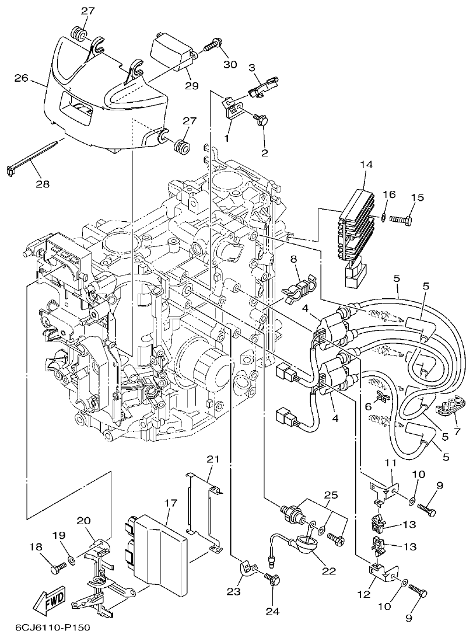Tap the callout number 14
tap(366, 165)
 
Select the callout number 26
tap(21, 77)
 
